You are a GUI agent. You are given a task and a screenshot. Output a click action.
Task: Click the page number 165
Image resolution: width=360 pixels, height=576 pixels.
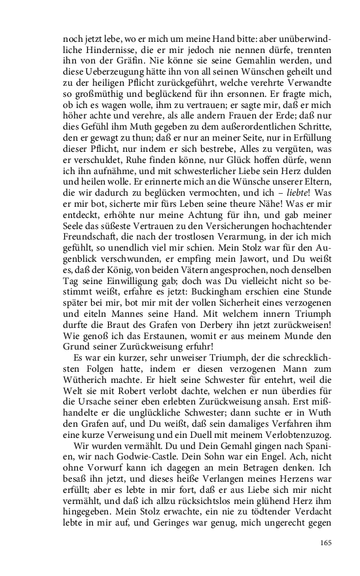click(327, 543)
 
